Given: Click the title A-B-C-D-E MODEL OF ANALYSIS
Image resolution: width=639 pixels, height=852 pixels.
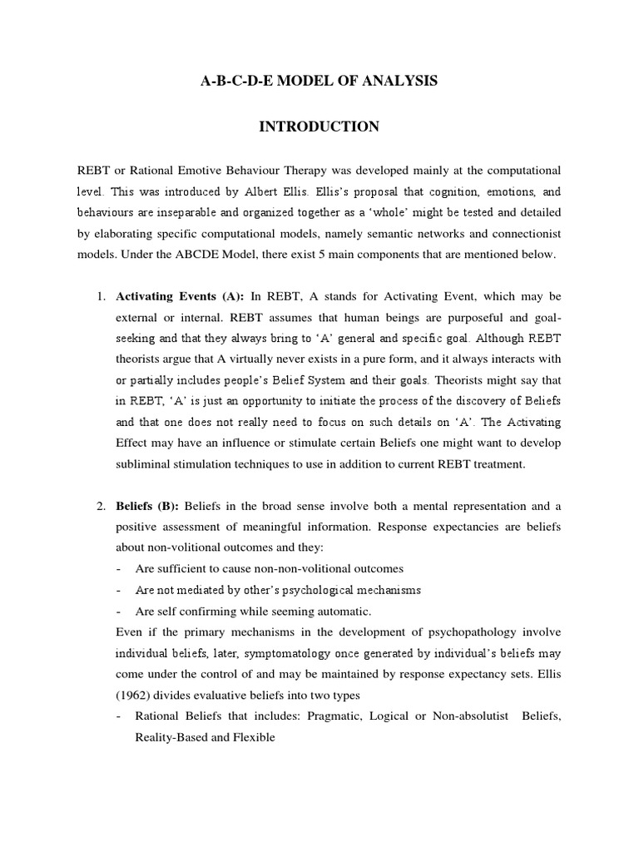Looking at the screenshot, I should click(319, 82).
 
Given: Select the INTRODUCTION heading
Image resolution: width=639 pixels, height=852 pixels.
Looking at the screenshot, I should click(319, 126).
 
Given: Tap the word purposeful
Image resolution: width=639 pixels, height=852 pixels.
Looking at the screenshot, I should click(429, 319).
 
